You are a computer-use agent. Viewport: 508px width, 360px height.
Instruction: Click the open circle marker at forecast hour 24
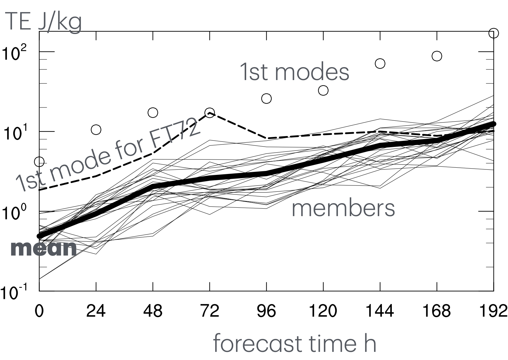pos(96,130)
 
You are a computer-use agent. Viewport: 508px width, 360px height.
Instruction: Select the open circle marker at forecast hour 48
pos(153,113)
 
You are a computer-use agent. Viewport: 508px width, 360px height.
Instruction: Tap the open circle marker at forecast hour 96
pos(266,98)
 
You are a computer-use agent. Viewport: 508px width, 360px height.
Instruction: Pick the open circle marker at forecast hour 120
pos(323,90)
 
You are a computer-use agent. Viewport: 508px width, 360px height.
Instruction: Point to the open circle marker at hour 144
pos(380,64)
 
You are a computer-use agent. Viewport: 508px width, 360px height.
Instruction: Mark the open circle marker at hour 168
pos(437,56)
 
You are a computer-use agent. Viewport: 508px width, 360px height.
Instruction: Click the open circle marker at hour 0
pos(39,162)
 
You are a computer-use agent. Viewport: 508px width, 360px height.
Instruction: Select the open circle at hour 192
pos(494,33)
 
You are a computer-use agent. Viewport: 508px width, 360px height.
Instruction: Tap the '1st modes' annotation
pos(295,72)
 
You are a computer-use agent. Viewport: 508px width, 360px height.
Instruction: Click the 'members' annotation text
pos(343,208)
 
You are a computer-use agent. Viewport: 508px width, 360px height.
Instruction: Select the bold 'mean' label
pos(44,249)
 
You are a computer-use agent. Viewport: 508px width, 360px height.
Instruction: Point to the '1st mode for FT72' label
pos(108,155)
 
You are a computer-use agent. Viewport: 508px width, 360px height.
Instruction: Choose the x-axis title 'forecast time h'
pos(294,343)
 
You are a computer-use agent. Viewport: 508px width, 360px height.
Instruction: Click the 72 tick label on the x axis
pos(209,311)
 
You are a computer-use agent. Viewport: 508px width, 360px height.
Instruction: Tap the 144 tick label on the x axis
pos(380,311)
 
